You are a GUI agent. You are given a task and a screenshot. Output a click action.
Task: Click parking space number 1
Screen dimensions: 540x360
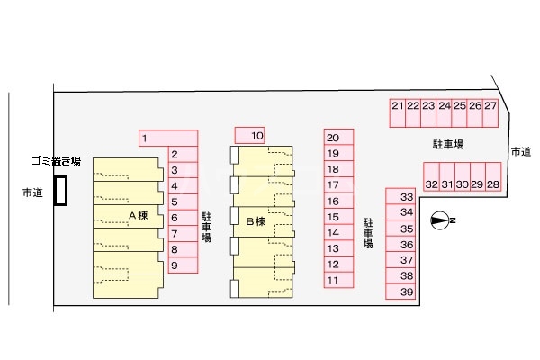(168, 138)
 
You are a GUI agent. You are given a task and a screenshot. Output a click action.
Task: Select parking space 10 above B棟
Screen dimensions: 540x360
(249, 135)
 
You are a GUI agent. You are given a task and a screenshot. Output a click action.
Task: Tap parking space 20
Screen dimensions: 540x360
(339, 137)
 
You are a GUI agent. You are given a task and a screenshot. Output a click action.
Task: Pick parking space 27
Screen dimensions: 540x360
(490, 113)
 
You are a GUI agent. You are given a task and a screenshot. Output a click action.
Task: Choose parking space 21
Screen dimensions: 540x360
(398, 113)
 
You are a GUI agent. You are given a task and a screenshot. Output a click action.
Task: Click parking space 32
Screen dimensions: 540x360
(431, 177)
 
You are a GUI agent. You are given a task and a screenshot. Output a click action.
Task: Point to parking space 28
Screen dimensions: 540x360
(493, 177)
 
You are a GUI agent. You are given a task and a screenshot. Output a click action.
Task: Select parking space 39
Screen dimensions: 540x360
(400, 292)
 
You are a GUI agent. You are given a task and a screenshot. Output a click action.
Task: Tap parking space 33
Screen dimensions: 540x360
(400, 196)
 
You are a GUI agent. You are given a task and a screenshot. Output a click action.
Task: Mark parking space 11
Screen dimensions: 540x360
(339, 280)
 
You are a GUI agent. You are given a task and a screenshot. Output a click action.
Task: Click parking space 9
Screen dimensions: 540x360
(184, 265)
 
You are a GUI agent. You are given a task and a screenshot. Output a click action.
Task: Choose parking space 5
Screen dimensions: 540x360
(184, 202)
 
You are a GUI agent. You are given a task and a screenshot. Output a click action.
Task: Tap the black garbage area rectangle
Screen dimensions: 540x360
(60, 191)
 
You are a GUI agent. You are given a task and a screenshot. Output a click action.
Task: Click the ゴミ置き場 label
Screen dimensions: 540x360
(57, 160)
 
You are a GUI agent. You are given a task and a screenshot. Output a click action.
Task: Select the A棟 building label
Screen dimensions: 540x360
(139, 216)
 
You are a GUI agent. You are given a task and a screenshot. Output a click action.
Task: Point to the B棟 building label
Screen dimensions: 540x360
(256, 221)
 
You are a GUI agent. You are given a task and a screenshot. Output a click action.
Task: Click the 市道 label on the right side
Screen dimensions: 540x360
(521, 151)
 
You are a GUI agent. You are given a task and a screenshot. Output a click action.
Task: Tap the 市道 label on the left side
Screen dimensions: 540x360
(32, 193)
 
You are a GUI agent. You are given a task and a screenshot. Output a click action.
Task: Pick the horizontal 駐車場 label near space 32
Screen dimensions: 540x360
(448, 144)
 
